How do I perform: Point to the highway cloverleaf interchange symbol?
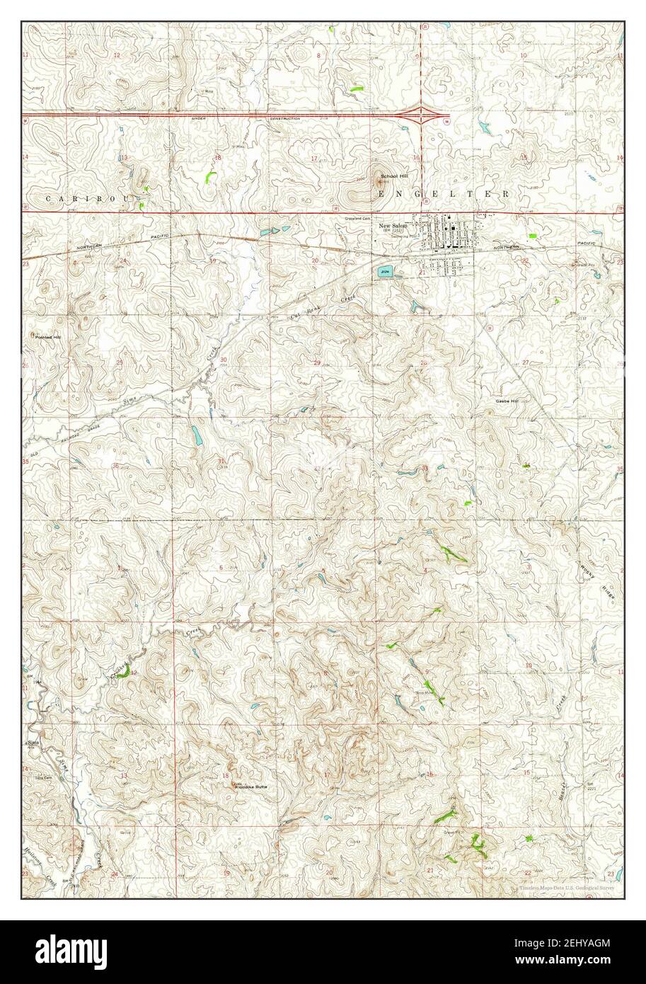(422, 113)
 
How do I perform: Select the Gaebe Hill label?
(507, 401)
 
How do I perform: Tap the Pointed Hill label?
(49, 338)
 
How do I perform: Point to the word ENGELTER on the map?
(446, 193)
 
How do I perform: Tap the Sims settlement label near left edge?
(32, 743)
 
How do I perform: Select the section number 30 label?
(224, 360)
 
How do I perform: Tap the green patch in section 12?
(125, 675)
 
